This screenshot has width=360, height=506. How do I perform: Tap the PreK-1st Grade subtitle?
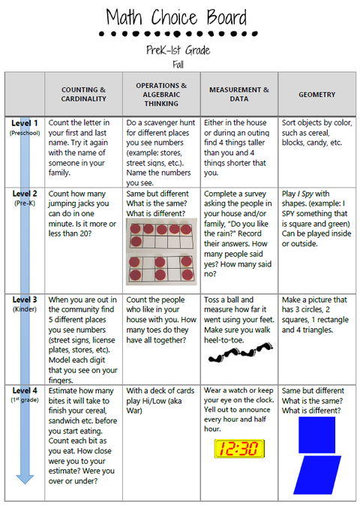(178, 50)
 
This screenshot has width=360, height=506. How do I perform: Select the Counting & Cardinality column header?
(83, 94)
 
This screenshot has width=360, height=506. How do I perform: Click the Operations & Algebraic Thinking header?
(161, 94)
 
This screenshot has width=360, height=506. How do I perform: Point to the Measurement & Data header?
(239, 94)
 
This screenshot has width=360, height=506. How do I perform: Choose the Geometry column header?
(316, 95)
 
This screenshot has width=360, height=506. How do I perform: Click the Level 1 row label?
(24, 122)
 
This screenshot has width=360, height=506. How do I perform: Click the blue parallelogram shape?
(316, 475)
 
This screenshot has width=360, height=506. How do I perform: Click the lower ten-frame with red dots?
(160, 268)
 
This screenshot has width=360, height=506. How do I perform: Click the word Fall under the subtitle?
(178, 64)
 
